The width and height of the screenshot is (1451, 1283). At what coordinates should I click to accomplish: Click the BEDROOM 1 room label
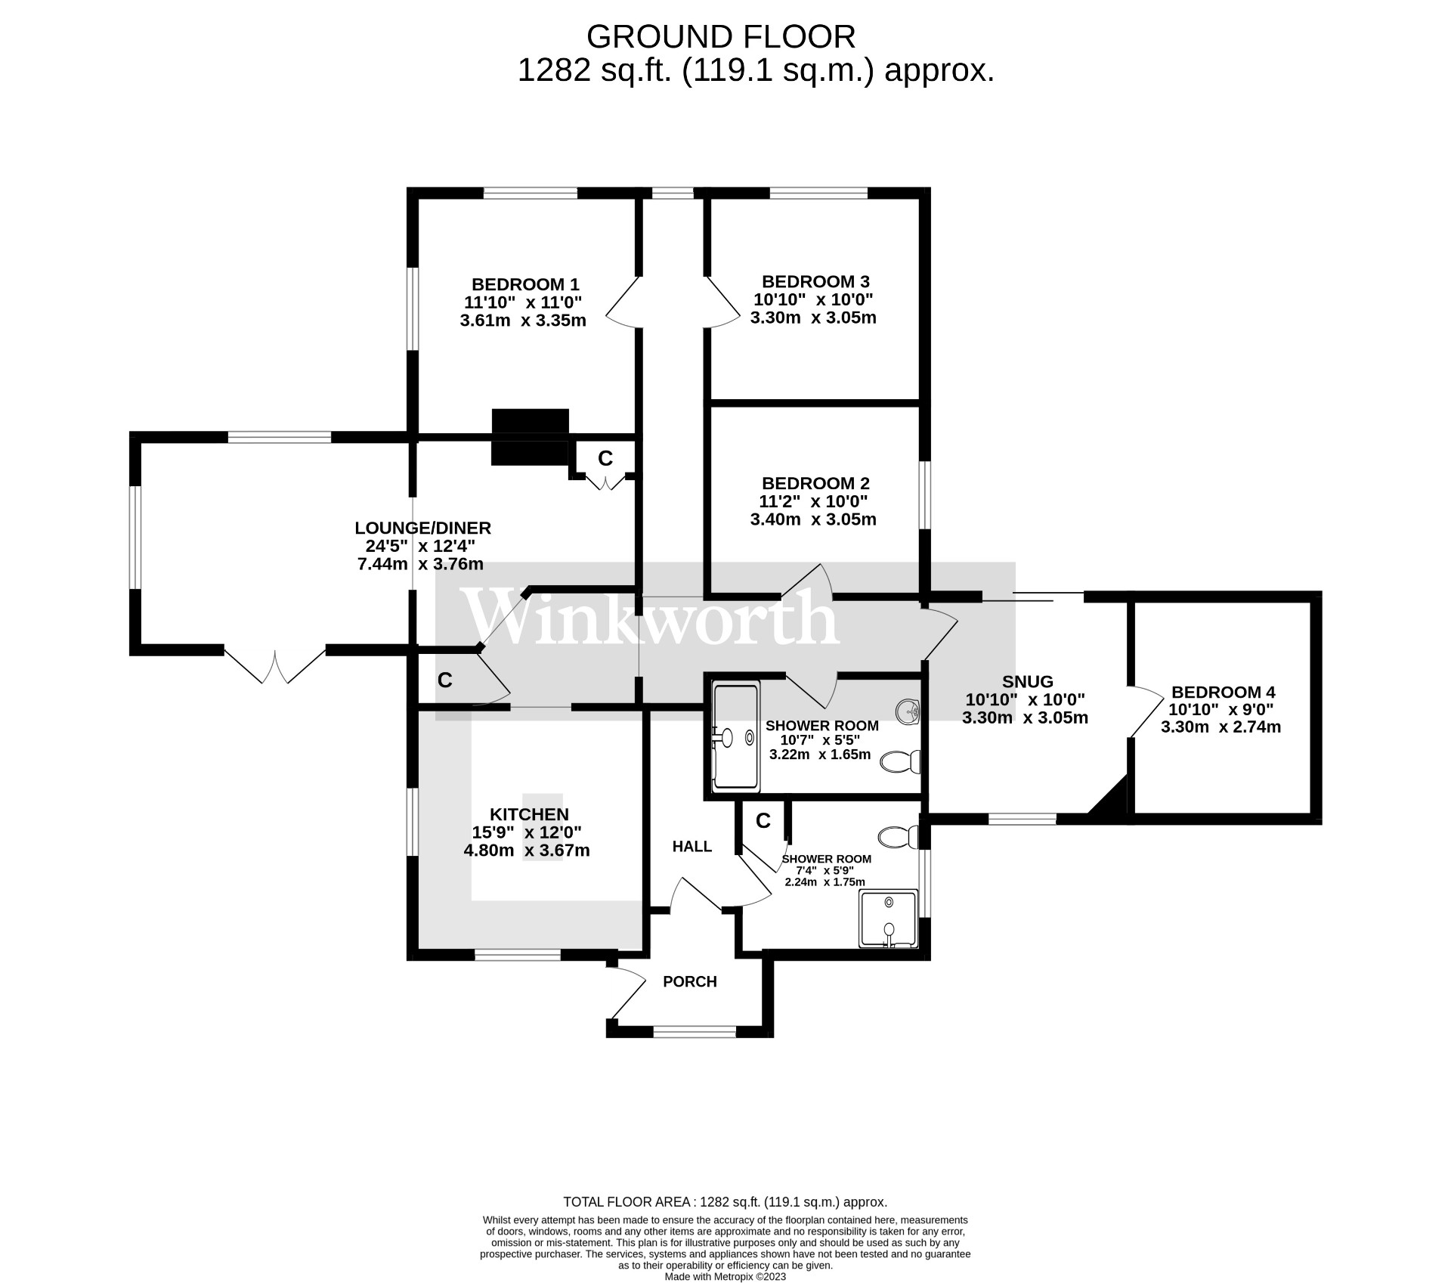pyautogui.click(x=525, y=284)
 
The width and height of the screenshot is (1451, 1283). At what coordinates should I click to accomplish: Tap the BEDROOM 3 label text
pyautogui.click(x=815, y=281)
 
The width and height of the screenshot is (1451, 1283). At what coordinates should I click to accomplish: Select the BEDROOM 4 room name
pyautogui.click(x=1223, y=692)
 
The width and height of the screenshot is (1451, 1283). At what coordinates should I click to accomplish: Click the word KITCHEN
pyautogui.click(x=529, y=814)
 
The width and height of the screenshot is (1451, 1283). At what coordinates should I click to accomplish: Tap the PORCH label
pyautogui.click(x=689, y=982)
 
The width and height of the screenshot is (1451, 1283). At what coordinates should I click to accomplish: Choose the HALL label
pyautogui.click(x=692, y=847)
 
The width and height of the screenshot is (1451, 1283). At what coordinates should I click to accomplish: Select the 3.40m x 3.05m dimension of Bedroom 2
pyautogui.click(x=813, y=519)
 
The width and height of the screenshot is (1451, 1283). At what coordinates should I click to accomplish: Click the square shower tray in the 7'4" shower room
pyautogui.click(x=889, y=919)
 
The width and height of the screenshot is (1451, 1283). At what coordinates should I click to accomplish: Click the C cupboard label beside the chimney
pyautogui.click(x=605, y=458)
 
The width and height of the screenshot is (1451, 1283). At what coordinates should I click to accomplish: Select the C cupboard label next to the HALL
pyautogui.click(x=763, y=821)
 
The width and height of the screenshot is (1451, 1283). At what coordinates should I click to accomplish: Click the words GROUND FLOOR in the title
pyautogui.click(x=720, y=36)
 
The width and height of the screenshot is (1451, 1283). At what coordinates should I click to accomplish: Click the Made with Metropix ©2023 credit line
pyautogui.click(x=725, y=1277)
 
